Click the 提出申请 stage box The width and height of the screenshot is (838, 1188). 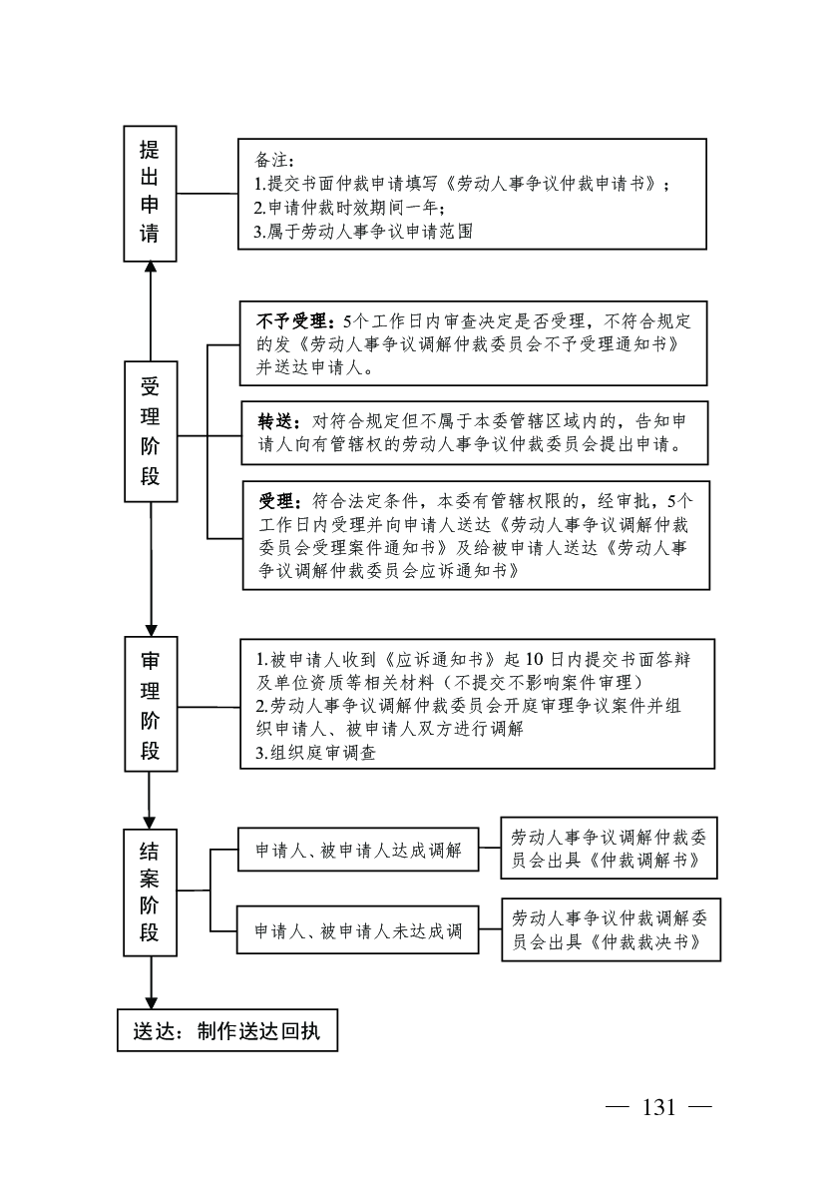pos(150,193)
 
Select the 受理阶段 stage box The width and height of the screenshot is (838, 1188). pos(150,430)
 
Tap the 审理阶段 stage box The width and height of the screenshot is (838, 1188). pos(150,704)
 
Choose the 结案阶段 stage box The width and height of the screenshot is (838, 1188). pos(150,891)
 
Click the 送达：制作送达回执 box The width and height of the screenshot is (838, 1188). pos(227,1031)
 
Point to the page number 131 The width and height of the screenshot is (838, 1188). pos(660,1107)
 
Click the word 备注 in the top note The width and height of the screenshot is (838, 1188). pos(270,160)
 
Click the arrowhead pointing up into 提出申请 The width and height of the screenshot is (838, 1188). pos(150,268)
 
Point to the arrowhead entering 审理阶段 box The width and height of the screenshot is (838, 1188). pos(150,628)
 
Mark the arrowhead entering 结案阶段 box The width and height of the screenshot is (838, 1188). pos(150,821)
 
